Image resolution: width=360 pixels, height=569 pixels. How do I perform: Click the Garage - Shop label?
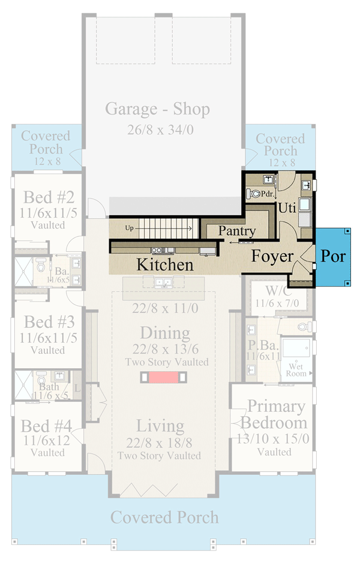coord(158,109)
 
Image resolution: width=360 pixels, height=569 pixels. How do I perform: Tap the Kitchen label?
coord(165,264)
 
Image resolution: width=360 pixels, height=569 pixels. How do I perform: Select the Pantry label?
coord(237,231)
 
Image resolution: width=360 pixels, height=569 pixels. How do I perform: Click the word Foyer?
coord(272,257)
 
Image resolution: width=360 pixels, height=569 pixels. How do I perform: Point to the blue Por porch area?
coord(334,257)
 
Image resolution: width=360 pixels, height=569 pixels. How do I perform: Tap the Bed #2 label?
coord(49,197)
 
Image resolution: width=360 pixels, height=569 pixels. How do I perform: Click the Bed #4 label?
coord(47,426)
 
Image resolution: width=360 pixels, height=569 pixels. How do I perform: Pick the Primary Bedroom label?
coord(276,414)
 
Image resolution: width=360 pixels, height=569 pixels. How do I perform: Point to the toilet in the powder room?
coord(253,194)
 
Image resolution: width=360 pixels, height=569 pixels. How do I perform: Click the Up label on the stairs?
coord(130,228)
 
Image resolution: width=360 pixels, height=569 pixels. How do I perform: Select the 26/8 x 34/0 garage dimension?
coord(158,130)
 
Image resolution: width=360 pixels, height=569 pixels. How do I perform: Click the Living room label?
coord(160,426)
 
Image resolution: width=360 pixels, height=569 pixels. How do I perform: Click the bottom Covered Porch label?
coord(164,517)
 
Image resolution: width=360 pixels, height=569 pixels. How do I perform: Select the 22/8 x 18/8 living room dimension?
coord(160,442)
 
